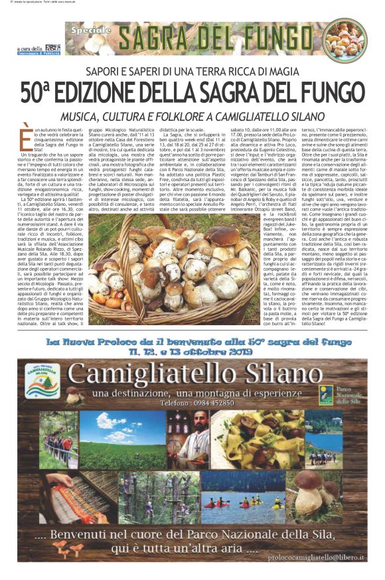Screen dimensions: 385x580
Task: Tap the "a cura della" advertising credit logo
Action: [x=39, y=48]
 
